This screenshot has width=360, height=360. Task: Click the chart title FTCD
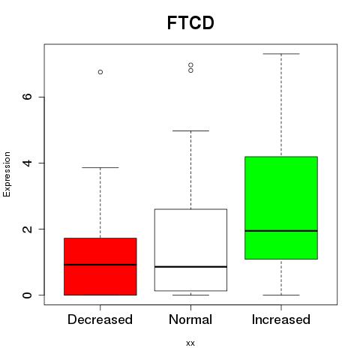point(190,22)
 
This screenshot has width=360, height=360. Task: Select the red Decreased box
point(100,266)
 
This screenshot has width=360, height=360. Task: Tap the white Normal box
point(190,250)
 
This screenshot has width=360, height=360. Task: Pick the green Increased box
point(281,208)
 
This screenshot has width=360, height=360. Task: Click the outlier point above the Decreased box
point(100,72)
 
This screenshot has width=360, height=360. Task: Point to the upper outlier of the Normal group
point(190,65)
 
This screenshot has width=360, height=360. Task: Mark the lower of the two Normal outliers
point(190,70)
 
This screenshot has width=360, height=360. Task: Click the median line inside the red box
point(100,265)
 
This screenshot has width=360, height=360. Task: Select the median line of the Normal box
point(190,267)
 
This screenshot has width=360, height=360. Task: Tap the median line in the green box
point(281,231)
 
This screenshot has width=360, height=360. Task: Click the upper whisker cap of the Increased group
point(281,54)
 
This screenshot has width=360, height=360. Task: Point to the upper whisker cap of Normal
point(190,130)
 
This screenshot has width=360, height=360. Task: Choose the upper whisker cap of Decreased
point(100,167)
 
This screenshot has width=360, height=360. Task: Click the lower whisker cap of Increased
point(281,295)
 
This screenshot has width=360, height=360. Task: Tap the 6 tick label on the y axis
point(27,97)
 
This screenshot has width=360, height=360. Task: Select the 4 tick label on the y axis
point(27,163)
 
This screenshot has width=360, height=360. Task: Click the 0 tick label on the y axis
point(27,295)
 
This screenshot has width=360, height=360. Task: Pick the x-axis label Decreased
point(100,319)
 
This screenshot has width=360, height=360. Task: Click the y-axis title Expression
point(7,174)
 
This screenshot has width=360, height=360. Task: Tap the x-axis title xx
point(190,343)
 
